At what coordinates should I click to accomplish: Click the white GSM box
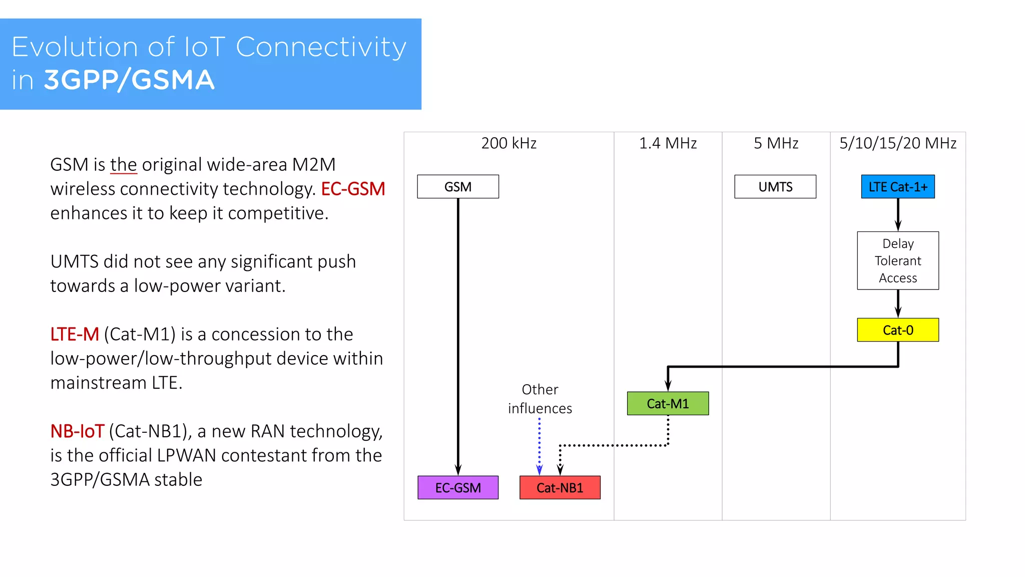tap(457, 187)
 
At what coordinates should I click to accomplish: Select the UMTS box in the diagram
tap(775, 187)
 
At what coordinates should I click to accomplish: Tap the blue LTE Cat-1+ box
tap(897, 187)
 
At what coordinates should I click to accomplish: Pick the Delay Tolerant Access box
tap(897, 260)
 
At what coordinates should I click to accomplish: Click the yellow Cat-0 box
tap(897, 330)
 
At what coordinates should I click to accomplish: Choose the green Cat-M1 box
tap(668, 404)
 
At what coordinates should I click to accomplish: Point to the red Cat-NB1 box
tap(560, 488)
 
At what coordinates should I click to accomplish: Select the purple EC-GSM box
tap(457, 488)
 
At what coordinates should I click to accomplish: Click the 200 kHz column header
tap(508, 144)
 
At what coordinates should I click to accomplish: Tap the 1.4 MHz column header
tap(668, 144)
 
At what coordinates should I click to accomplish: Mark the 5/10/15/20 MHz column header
tap(897, 144)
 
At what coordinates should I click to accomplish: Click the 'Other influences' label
tap(540, 399)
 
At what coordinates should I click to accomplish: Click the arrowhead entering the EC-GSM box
tap(457, 470)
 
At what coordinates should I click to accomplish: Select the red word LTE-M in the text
tap(75, 335)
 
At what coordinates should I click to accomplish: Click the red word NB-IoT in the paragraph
tap(77, 431)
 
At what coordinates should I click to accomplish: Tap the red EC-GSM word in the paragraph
tap(353, 189)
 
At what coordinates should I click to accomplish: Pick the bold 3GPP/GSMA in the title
tap(129, 80)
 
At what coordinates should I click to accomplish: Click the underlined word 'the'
tap(123, 165)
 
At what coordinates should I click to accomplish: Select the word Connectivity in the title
tap(320, 47)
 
